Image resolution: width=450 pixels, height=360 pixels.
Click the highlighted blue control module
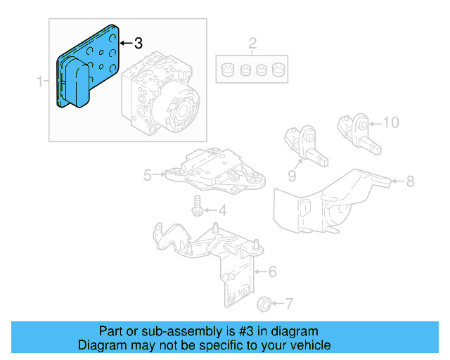pyautogui.click(x=88, y=67)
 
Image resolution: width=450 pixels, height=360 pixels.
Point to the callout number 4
pyautogui.click(x=222, y=210)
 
